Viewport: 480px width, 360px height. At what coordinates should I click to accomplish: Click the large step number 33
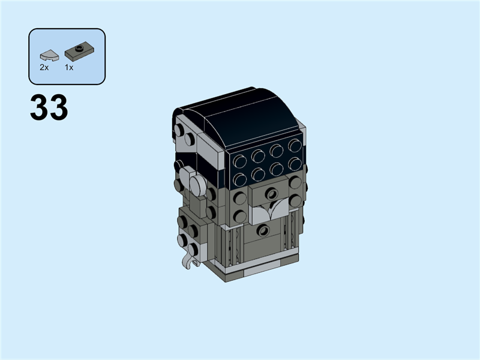49,107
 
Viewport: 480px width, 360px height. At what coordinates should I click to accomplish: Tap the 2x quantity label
44,68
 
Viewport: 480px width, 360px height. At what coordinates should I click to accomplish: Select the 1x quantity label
69,68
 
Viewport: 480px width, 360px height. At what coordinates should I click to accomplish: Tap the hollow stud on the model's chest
262,230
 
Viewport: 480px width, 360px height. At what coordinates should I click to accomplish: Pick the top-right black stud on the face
295,145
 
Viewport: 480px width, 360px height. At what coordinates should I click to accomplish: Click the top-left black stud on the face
241,160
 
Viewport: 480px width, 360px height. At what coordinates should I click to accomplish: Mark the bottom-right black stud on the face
295,163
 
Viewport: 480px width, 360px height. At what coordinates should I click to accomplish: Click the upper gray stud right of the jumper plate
296,183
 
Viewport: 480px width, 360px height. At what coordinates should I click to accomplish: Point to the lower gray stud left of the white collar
240,215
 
